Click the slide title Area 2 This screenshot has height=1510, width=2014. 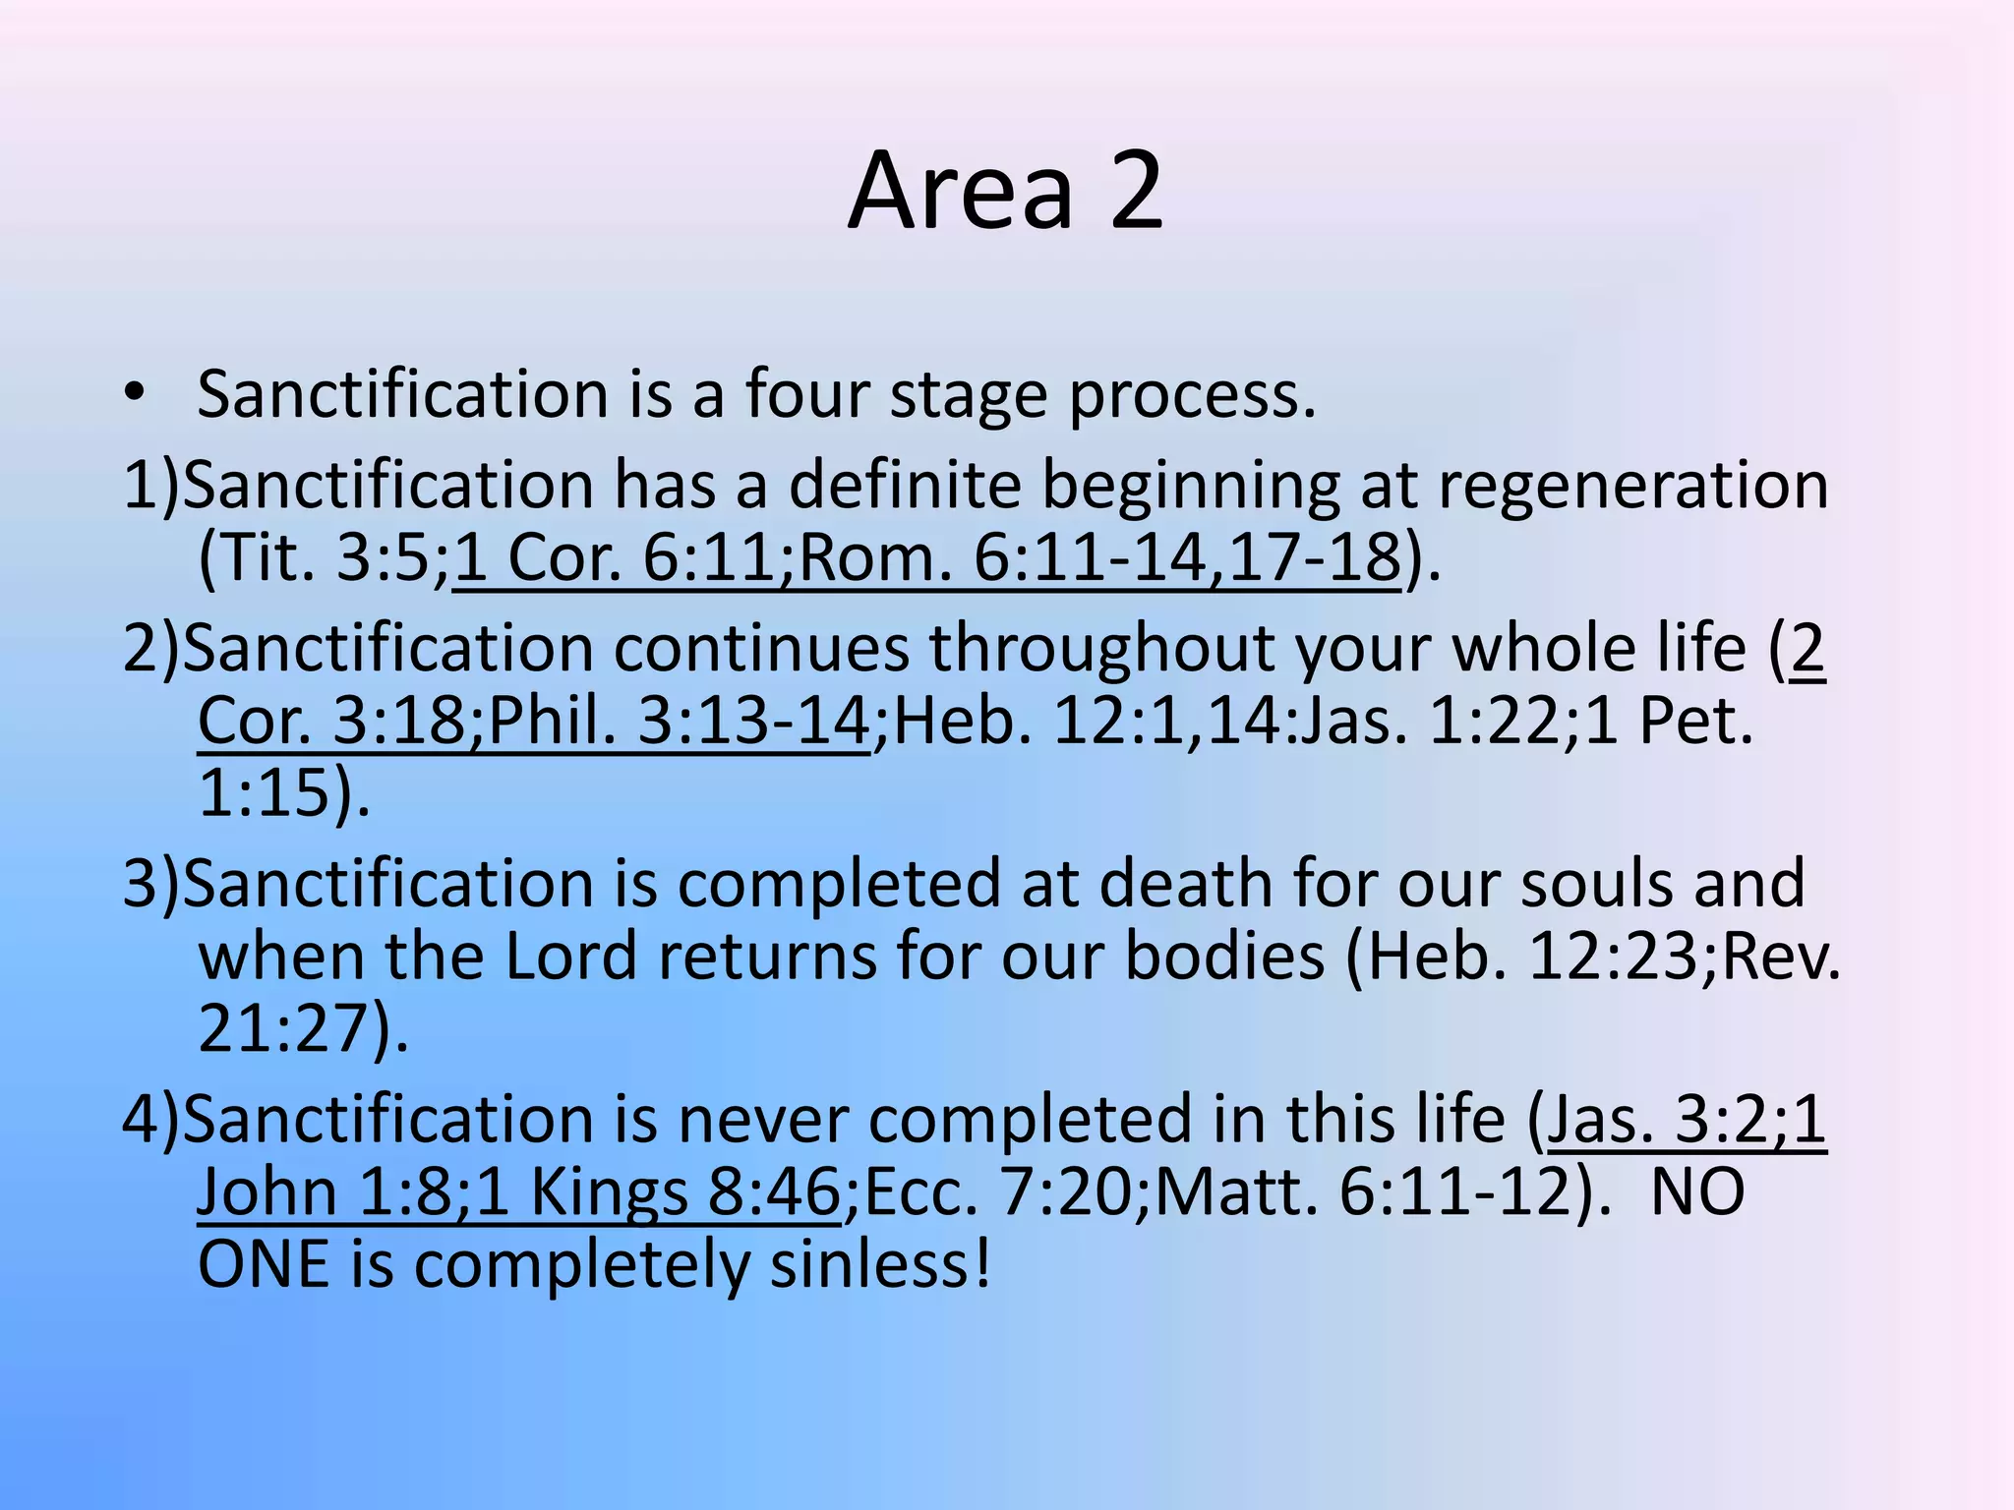coord(1006,191)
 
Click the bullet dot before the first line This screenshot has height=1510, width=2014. coord(135,394)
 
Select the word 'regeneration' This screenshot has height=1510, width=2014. coord(1632,485)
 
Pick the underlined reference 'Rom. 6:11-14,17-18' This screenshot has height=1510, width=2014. coord(1098,557)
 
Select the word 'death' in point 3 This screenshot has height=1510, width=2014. coord(1186,883)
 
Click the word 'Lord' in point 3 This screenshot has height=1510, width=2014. coord(570,956)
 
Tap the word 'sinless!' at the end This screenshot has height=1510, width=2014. coord(880,1264)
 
